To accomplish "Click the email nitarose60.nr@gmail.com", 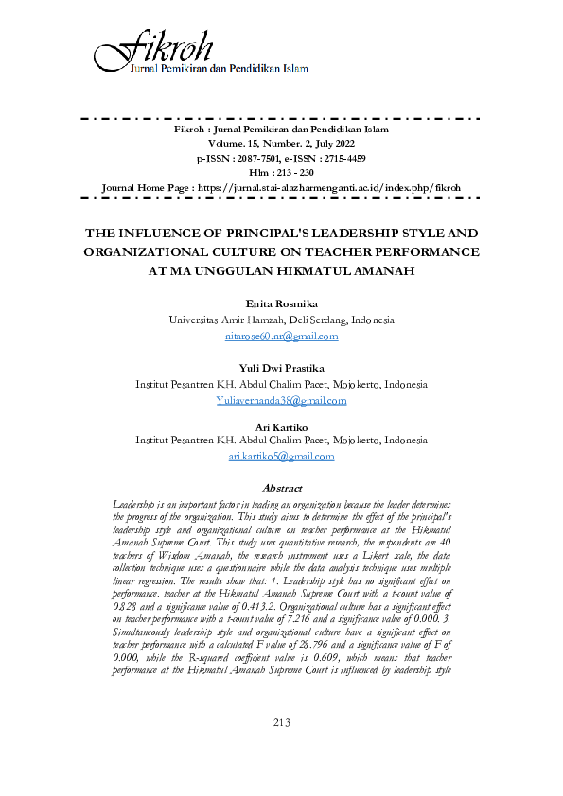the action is pyautogui.click(x=281, y=336).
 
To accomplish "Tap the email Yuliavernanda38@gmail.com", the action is pyautogui.click(x=281, y=400).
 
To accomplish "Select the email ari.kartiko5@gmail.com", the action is pyautogui.click(x=281, y=456).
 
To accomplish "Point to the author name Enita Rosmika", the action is pyautogui.click(x=281, y=304).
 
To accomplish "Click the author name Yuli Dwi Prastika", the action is pyautogui.click(x=281, y=369).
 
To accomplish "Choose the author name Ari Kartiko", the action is pyautogui.click(x=281, y=425).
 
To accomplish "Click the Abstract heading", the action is pyautogui.click(x=281, y=488).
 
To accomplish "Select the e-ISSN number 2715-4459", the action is pyautogui.click(x=344, y=158).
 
